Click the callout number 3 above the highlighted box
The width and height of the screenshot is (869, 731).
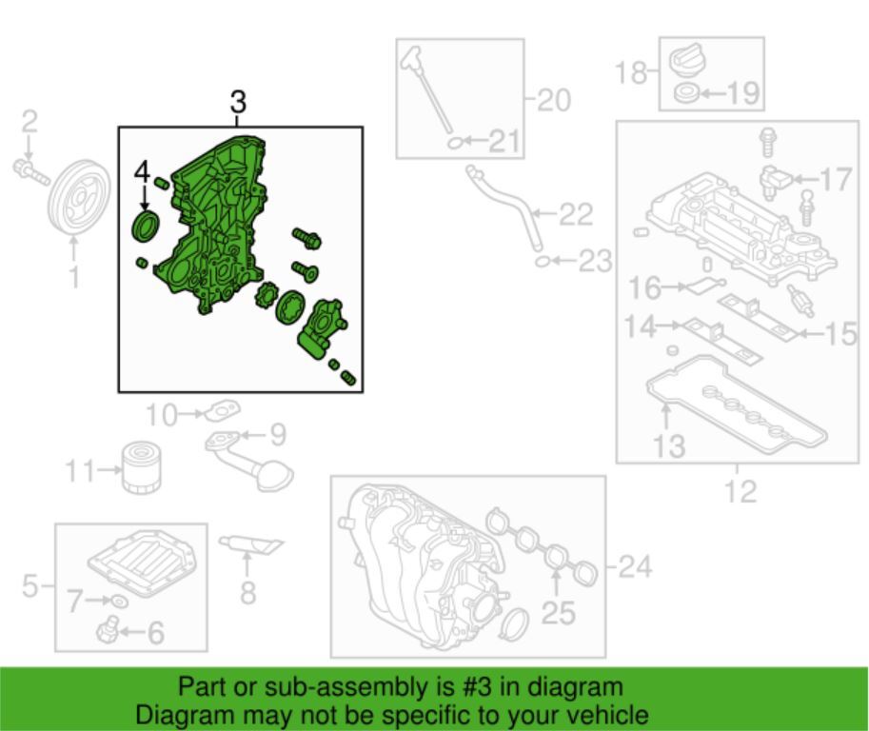click(x=238, y=103)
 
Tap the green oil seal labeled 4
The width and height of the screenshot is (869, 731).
click(x=146, y=227)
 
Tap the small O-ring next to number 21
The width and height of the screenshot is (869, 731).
click(x=456, y=143)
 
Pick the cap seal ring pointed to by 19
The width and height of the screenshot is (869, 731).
click(x=686, y=93)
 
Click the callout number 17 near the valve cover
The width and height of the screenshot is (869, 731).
click(x=835, y=179)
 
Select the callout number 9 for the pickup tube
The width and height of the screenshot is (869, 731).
click(x=277, y=435)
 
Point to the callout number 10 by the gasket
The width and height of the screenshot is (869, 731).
click(x=162, y=414)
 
